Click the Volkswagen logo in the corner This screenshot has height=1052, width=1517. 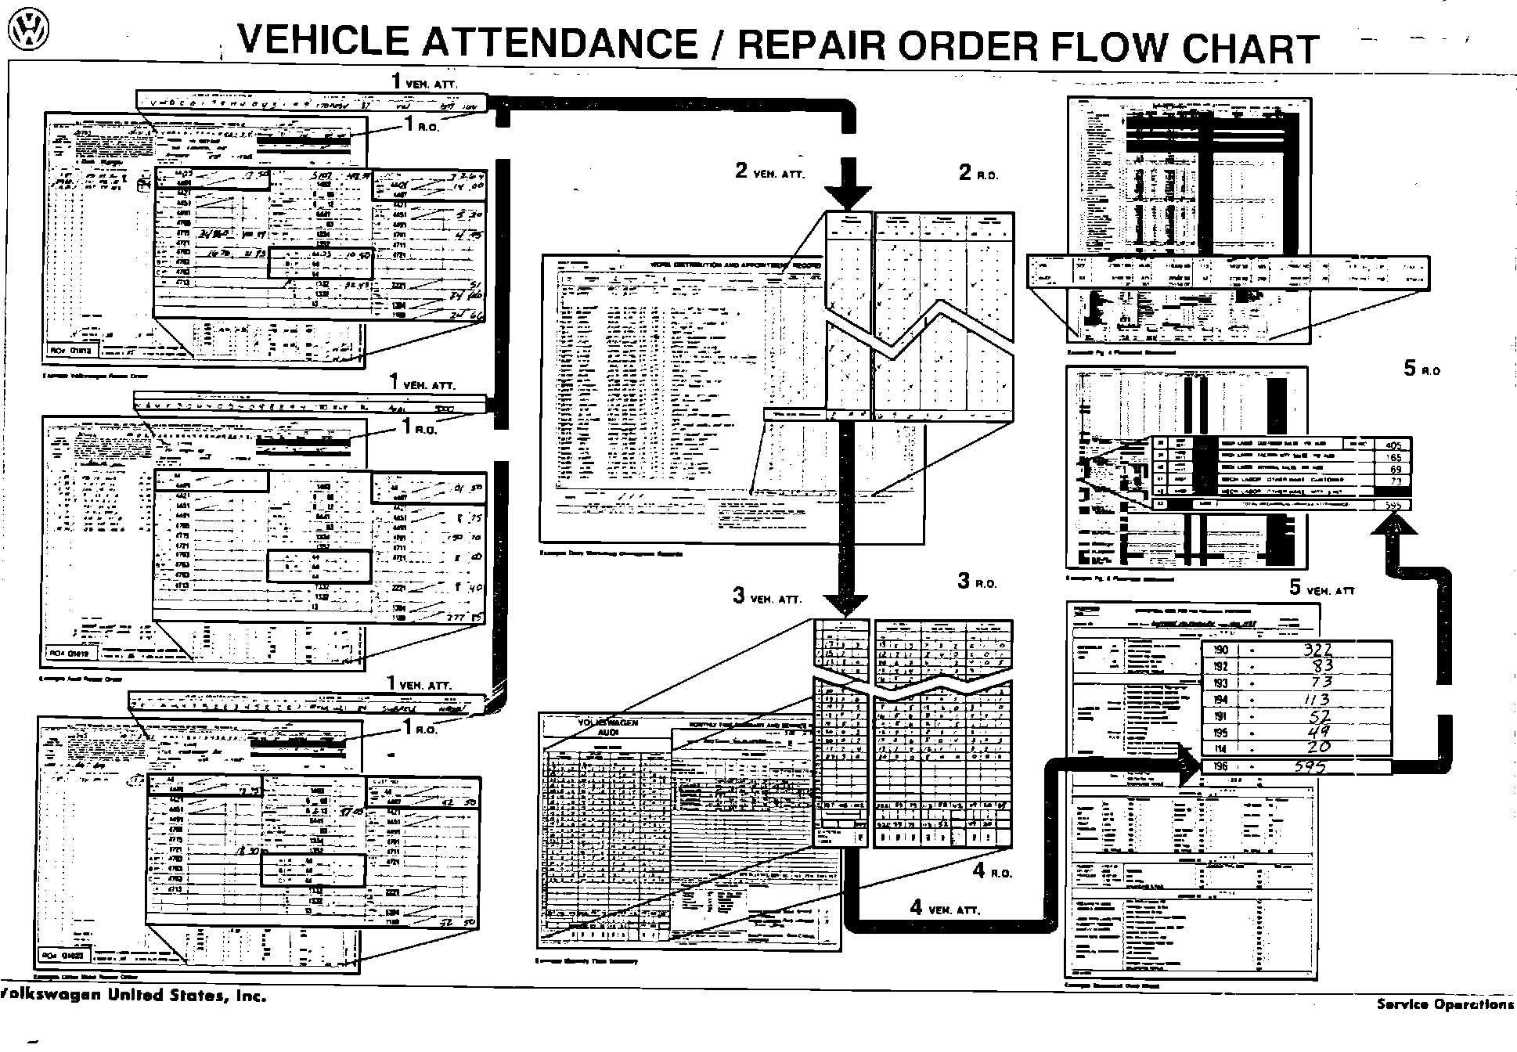[x=27, y=30]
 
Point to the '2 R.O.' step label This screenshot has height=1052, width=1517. [x=978, y=174]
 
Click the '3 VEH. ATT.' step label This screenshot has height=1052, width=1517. [x=766, y=596]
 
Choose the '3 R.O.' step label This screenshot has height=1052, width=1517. [x=977, y=582]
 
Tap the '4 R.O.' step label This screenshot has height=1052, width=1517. [x=993, y=870]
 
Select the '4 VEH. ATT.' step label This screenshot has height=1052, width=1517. [x=945, y=908]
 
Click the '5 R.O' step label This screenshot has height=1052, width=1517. [x=1422, y=369]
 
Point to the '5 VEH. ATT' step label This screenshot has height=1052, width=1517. [x=1322, y=589]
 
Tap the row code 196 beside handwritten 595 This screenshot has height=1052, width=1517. [x=1220, y=767]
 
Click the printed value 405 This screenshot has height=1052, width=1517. [x=1393, y=445]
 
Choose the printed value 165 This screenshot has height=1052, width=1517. [x=1394, y=457]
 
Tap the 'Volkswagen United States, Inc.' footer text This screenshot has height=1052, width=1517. [x=133, y=996]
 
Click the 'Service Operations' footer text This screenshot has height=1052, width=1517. [x=1445, y=1004]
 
